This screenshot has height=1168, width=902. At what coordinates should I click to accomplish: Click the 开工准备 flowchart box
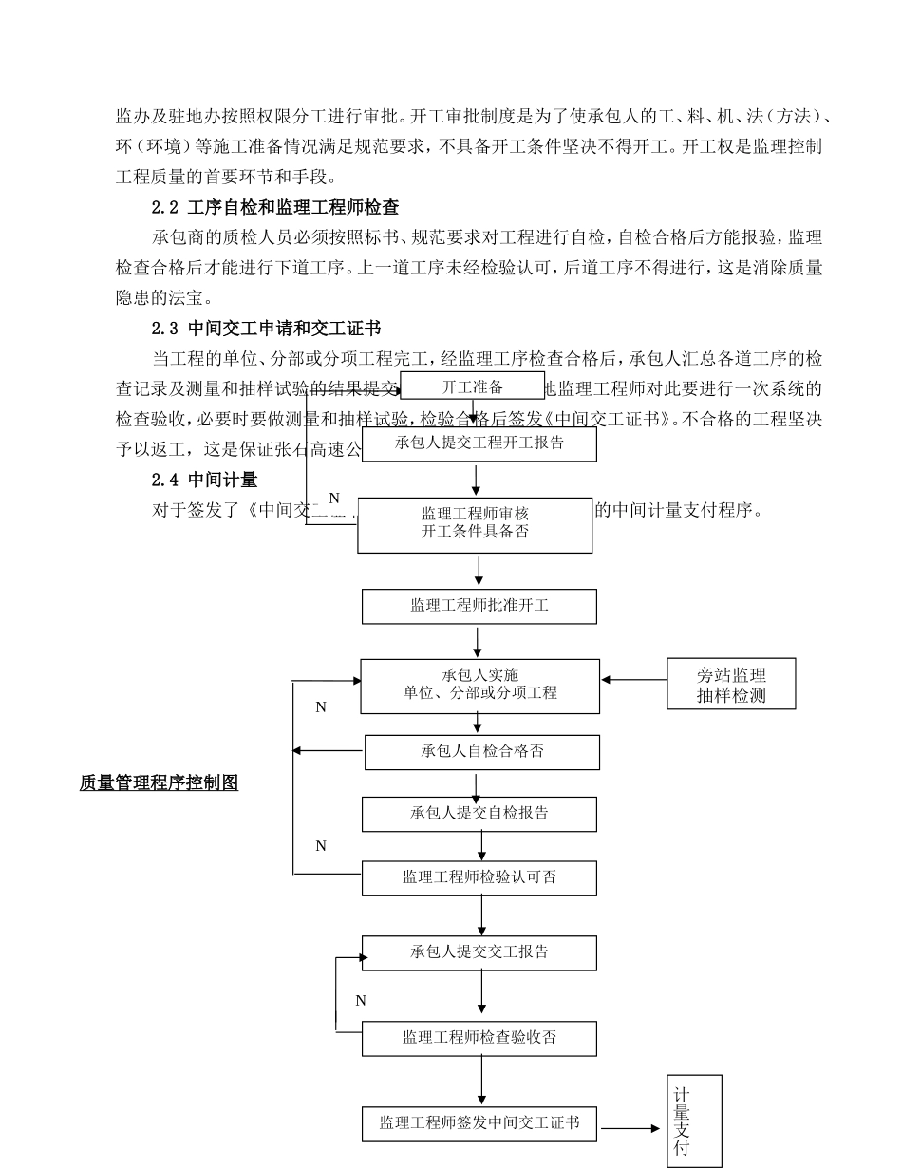[472, 386]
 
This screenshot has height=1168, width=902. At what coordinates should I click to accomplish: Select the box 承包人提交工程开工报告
[479, 443]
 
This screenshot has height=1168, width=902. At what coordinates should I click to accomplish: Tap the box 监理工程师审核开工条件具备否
[475, 524]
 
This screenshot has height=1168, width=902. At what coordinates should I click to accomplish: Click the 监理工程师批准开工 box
[479, 606]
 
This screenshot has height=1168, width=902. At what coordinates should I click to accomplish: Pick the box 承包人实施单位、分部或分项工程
[479, 686]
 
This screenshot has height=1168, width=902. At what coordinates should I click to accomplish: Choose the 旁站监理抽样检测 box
[731, 685]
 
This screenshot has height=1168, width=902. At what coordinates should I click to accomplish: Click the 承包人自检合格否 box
[482, 752]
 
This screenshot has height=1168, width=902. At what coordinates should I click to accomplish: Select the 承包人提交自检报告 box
[479, 814]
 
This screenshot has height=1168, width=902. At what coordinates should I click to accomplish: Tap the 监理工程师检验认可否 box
[479, 878]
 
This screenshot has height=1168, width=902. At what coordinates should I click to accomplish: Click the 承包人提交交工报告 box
[479, 952]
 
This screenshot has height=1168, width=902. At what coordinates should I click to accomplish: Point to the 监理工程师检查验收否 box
[479, 1038]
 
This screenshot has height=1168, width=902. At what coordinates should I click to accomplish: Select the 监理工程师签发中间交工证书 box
[479, 1123]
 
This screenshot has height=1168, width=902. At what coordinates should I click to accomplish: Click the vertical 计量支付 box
[695, 1121]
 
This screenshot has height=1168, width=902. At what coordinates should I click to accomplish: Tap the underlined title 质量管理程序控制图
[159, 783]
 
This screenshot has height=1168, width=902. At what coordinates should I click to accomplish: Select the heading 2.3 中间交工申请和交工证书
[266, 329]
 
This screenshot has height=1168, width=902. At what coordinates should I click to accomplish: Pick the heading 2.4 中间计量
[204, 480]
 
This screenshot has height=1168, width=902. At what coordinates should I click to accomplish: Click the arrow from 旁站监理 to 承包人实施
[634, 680]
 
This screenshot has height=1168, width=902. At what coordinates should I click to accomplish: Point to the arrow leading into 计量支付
[630, 1128]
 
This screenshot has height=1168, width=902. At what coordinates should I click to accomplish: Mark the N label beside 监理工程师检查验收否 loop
[361, 1001]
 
